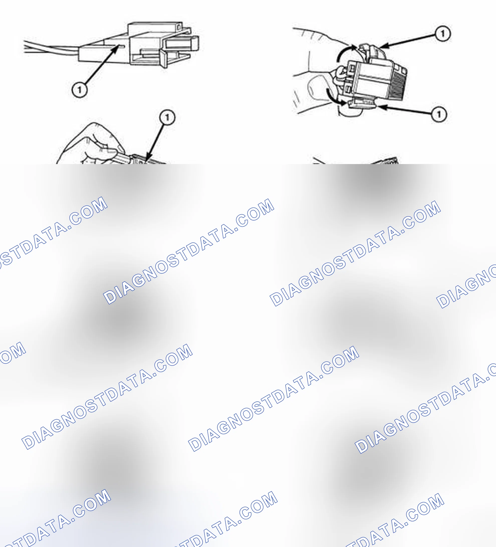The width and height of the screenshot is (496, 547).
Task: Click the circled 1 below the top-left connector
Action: click(79, 90)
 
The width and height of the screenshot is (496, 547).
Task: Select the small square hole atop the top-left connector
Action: click(179, 27)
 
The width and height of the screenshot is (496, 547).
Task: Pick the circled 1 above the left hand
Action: click(167, 117)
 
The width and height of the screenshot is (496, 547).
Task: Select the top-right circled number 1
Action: click(443, 34)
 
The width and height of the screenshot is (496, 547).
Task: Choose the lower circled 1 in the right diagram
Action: click(439, 114)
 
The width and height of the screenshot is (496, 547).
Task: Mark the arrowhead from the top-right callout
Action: click(385, 46)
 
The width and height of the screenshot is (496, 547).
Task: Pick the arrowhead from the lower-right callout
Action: click(382, 107)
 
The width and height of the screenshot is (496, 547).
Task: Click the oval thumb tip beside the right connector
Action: click(317, 88)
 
